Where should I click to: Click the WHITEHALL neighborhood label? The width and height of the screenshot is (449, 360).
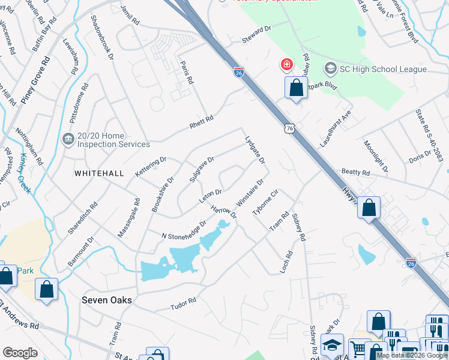click(99, 173)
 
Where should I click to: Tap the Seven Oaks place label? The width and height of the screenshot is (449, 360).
click(107, 299)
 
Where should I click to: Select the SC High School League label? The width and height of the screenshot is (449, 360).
click(383, 69)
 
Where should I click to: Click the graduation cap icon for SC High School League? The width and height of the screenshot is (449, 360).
click(330, 69)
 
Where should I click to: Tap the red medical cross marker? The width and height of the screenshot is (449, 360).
click(286, 64)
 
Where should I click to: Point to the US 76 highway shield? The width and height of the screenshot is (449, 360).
click(290, 128)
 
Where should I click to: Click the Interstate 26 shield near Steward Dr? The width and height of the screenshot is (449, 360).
click(238, 72)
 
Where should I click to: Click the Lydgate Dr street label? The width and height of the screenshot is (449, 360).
click(255, 150)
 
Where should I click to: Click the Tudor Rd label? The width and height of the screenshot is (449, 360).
click(184, 301)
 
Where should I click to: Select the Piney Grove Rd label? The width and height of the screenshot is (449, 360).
click(35, 81)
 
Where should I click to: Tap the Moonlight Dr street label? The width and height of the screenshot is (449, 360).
click(376, 156)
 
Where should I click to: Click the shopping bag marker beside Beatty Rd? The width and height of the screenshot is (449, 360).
click(370, 209)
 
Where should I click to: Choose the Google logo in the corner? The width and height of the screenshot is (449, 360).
click(20, 353)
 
